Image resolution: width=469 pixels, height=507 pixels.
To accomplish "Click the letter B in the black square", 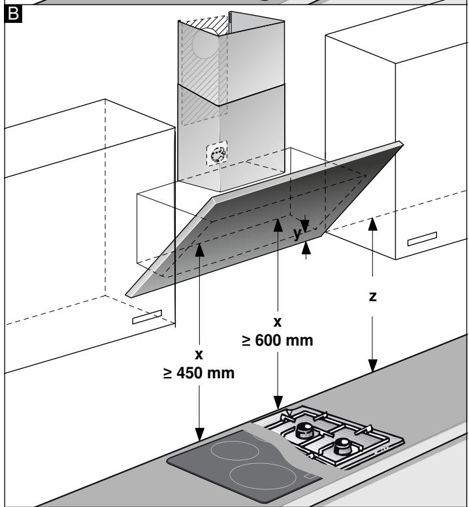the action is (13, 14).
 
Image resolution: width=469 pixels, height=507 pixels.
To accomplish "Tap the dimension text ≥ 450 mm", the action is (199, 373).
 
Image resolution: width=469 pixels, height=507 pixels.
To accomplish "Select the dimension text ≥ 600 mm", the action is (278, 340).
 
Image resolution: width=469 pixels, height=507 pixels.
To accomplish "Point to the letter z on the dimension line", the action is (373, 297).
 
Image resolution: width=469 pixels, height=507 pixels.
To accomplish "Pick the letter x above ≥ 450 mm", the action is (199, 355).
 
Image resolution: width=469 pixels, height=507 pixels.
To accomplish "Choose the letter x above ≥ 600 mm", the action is (278, 322).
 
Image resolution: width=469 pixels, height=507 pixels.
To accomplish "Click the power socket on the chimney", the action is (217, 154).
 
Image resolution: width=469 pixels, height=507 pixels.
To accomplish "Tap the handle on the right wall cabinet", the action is (422, 238).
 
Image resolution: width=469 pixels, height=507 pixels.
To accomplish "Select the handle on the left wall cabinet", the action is (147, 317).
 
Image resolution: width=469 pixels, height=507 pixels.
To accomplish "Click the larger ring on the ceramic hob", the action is (263, 476).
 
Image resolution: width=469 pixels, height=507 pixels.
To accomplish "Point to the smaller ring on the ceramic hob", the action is (235, 450).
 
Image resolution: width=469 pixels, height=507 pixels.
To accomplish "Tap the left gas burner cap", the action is (304, 430).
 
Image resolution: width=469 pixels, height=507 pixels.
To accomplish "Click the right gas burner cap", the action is (343, 446).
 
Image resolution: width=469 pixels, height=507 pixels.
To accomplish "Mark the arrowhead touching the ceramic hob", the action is (199, 434).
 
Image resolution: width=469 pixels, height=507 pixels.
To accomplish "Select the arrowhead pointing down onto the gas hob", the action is (278, 402).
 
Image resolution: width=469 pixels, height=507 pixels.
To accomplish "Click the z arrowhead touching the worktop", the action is (373, 366).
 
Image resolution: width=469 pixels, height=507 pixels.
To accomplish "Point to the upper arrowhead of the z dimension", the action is (373, 224).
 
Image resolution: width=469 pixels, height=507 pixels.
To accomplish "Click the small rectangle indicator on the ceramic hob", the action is (311, 476).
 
